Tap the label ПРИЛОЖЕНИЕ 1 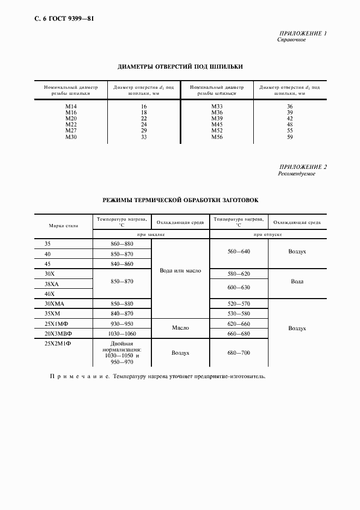coord(302,34)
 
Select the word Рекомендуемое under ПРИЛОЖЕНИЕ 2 coord(296,174)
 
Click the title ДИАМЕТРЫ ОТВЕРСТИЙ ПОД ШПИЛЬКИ coord(180,66)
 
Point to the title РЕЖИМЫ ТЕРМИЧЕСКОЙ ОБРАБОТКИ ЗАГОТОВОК coord(180,200)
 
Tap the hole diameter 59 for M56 coord(290,138)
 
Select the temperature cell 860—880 coord(121,244)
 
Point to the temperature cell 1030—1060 coord(121,333)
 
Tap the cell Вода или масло coord(180,270)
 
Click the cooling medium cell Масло coord(180,328)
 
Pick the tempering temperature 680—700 coord(239,353)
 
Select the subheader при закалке coord(151,234)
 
